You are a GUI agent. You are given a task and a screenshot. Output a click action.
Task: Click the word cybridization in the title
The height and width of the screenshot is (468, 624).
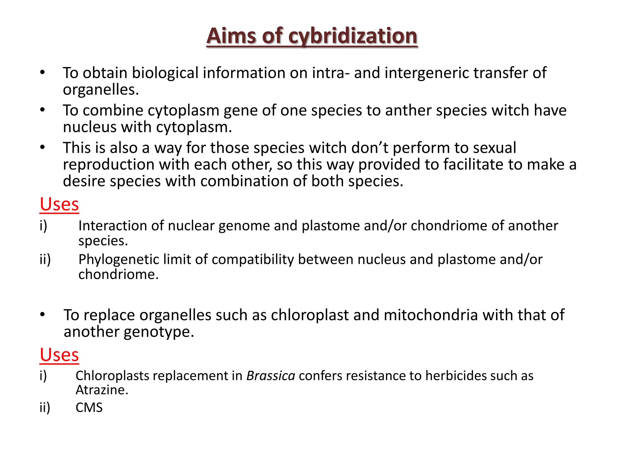[x=353, y=36]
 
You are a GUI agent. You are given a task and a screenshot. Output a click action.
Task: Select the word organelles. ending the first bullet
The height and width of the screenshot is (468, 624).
[x=101, y=90]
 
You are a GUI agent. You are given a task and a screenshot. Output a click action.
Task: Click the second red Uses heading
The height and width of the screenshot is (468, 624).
[x=59, y=355]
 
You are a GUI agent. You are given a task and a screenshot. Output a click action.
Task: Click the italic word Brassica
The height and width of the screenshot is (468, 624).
[x=271, y=376]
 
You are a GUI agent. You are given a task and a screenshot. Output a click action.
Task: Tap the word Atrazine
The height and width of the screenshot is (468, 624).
[x=102, y=390]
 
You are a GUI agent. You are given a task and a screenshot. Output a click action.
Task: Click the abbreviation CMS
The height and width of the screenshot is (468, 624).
[x=89, y=408]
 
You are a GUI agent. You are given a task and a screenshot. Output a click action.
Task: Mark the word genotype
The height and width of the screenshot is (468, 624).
[x=159, y=332]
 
